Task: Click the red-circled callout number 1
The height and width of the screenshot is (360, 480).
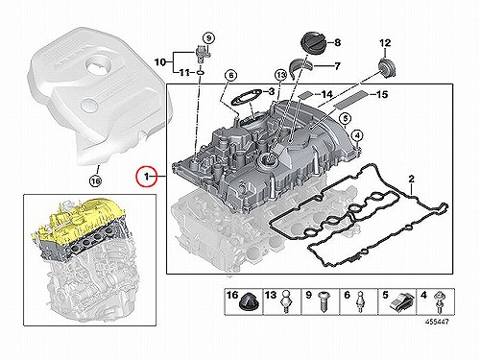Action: point(146,176)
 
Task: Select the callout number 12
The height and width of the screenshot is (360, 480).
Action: point(385,42)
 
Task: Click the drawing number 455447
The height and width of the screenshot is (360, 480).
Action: point(437,321)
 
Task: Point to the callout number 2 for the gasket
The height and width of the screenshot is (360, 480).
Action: point(412,179)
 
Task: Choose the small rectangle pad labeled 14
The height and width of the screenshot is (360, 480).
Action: point(305,94)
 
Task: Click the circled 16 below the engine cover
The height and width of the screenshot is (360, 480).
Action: point(95,181)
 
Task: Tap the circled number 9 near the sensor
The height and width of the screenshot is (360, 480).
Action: point(208,38)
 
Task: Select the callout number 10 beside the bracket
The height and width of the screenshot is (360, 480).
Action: point(160,61)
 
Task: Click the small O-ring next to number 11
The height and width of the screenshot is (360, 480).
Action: point(200,73)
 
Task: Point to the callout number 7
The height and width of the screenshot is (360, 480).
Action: point(337,66)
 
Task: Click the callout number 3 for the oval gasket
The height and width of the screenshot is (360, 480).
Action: point(272,92)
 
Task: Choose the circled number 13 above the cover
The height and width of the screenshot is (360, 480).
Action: point(280,76)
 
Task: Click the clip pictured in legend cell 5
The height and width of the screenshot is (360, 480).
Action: point(401,302)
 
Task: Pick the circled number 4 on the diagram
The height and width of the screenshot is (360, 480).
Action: point(358,136)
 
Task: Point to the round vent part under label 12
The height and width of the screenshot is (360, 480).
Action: point(386,67)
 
